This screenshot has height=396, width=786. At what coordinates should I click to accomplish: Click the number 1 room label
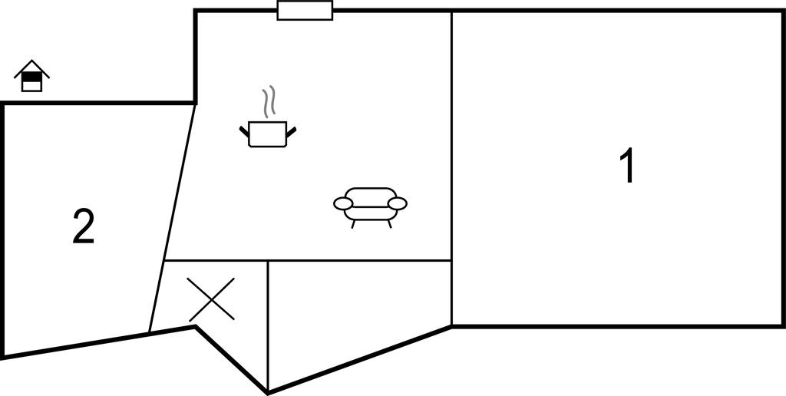pos(628,166)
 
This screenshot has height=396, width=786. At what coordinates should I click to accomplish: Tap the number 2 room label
pos(84,226)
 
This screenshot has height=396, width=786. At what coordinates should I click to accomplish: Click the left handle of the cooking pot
pos(244,132)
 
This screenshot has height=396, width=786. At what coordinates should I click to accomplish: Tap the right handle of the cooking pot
pos(291,131)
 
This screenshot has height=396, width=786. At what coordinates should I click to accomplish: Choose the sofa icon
pos(371,207)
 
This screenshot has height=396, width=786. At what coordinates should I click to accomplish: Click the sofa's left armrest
pos(343,203)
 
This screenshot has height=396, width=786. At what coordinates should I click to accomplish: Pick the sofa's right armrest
pos(398,203)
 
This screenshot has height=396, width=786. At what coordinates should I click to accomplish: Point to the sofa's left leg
pos(353,224)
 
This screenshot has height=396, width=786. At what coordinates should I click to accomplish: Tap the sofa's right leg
pos(389,224)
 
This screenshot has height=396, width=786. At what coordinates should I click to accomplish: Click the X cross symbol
pos(211,299)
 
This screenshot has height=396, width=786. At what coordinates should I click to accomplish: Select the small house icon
pos(31,76)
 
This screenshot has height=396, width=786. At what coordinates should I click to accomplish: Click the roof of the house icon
pos(31,68)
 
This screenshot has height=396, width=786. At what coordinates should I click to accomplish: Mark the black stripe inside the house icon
pos(31,77)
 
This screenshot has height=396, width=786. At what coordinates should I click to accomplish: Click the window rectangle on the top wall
pos(305,11)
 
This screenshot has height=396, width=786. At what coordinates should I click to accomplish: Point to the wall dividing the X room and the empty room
pos(268,326)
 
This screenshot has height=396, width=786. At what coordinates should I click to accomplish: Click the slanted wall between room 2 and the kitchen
pos(172,218)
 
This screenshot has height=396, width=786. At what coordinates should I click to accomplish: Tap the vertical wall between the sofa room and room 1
pos(451,168)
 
